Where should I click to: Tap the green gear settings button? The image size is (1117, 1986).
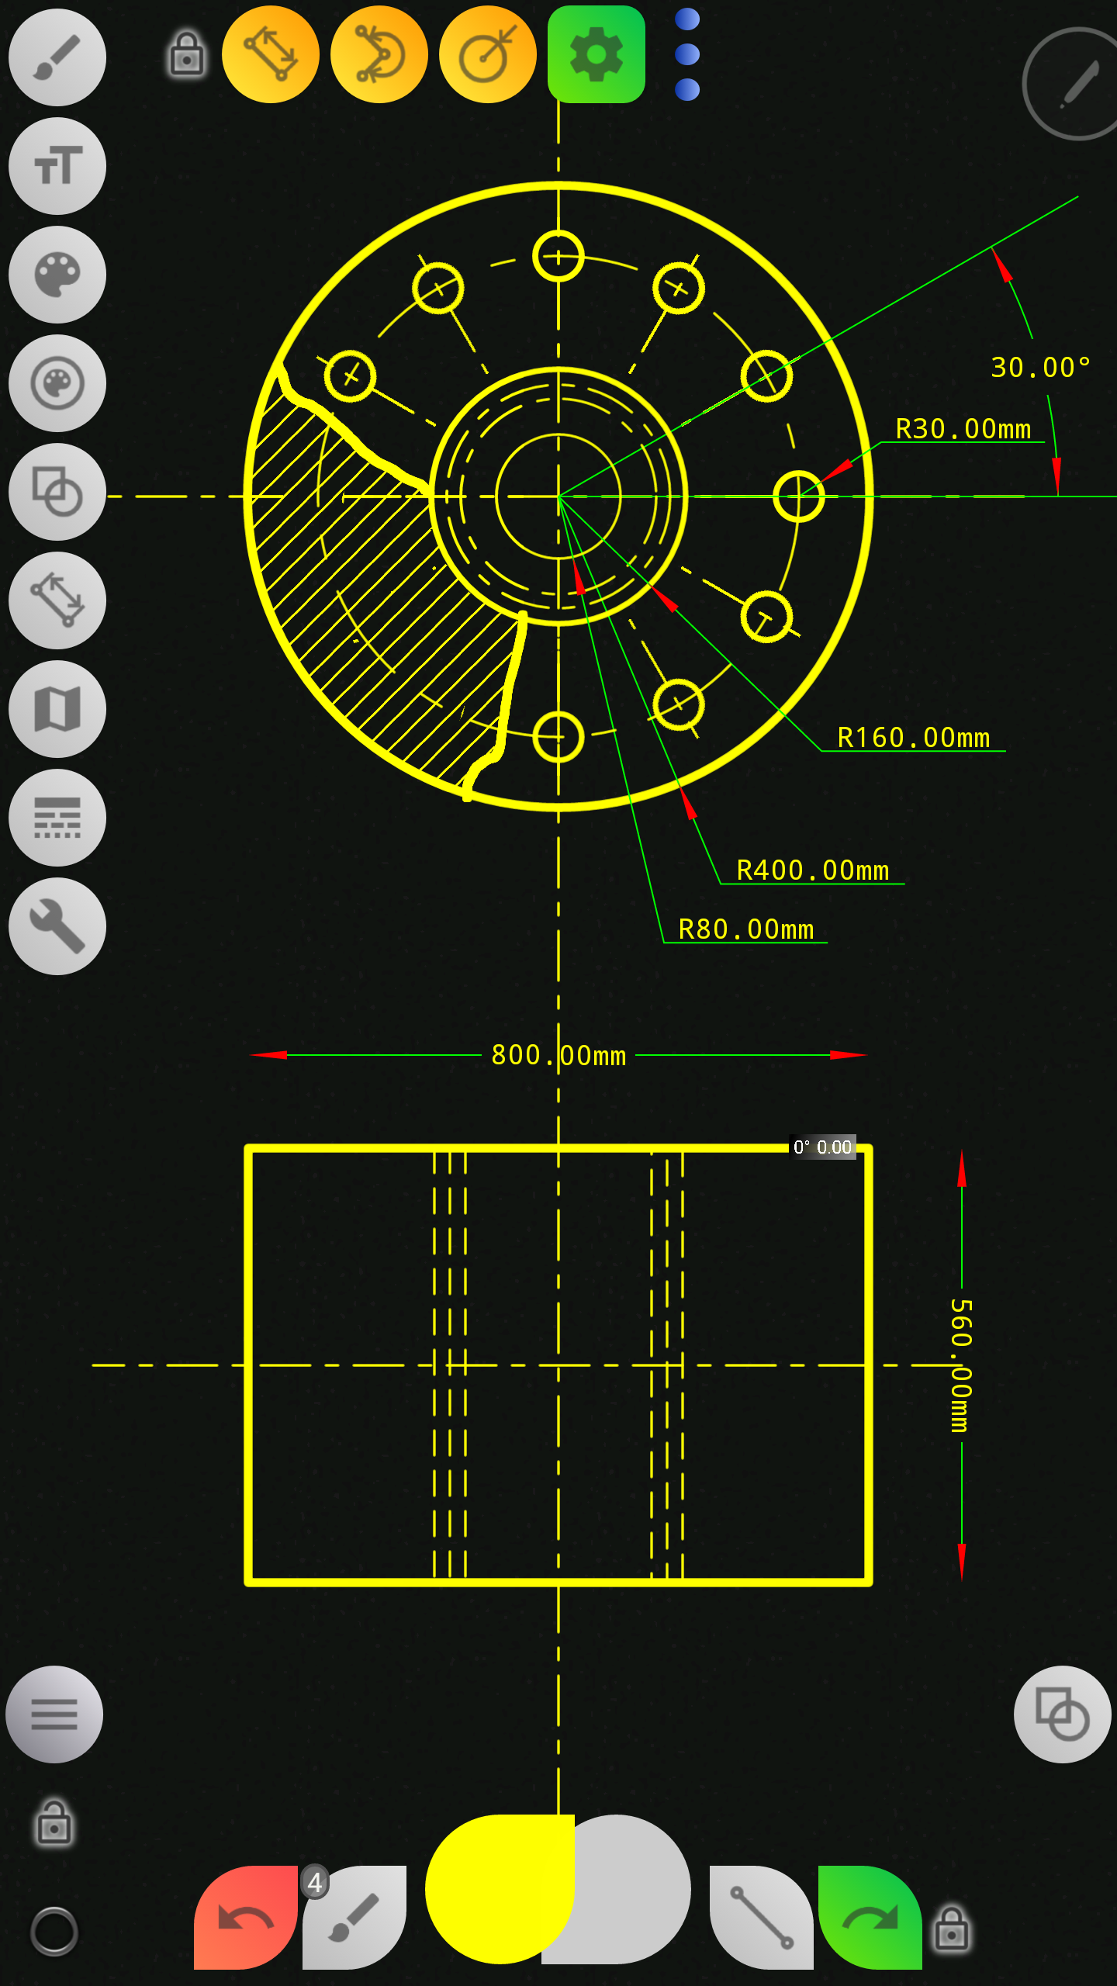pyautogui.click(x=596, y=54)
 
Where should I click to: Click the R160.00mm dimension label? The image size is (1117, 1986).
pyautogui.click(x=913, y=738)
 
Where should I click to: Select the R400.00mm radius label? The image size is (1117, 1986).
pyautogui.click(x=812, y=870)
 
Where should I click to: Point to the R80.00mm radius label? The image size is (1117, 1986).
pyautogui.click(x=745, y=929)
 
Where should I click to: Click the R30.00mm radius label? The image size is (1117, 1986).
pyautogui.click(x=963, y=429)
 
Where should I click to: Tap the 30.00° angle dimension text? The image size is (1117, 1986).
pyautogui.click(x=1040, y=367)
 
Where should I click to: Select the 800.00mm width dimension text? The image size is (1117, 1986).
pyautogui.click(x=558, y=1055)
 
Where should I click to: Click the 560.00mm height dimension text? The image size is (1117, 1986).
pyautogui.click(x=961, y=1365)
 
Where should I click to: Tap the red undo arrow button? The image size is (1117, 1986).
pyautogui.click(x=245, y=1918)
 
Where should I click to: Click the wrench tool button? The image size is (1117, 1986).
pyautogui.click(x=57, y=926)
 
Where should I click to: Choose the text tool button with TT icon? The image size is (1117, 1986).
pyautogui.click(x=57, y=166)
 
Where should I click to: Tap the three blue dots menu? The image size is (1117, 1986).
pyautogui.click(x=687, y=54)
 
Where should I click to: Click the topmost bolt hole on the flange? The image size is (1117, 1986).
pyautogui.click(x=558, y=256)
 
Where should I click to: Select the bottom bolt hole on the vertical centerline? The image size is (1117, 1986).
pyautogui.click(x=558, y=737)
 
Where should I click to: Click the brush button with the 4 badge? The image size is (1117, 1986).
pyautogui.click(x=354, y=1918)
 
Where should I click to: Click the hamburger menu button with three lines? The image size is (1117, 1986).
pyautogui.click(x=54, y=1714)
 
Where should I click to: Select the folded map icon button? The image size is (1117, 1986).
pyautogui.click(x=57, y=709)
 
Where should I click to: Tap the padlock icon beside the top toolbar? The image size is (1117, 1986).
pyautogui.click(x=187, y=54)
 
